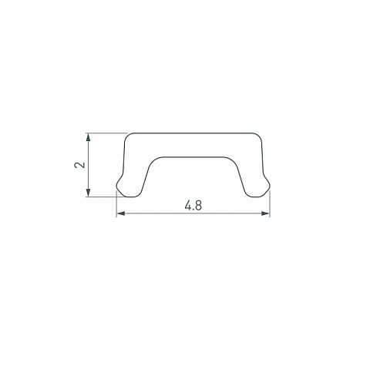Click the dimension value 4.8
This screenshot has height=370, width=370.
pos(193,206)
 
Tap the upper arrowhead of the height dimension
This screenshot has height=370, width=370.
pos(88,137)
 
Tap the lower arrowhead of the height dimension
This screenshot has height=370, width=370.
pos(88,193)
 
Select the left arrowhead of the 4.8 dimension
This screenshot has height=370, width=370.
pos(121,214)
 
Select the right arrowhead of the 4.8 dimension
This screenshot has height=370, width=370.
pos(265,214)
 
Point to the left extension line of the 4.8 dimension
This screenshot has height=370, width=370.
pos(116,204)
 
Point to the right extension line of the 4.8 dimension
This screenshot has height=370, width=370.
pos(270,204)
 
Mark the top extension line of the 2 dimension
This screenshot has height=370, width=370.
pos(106,133)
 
